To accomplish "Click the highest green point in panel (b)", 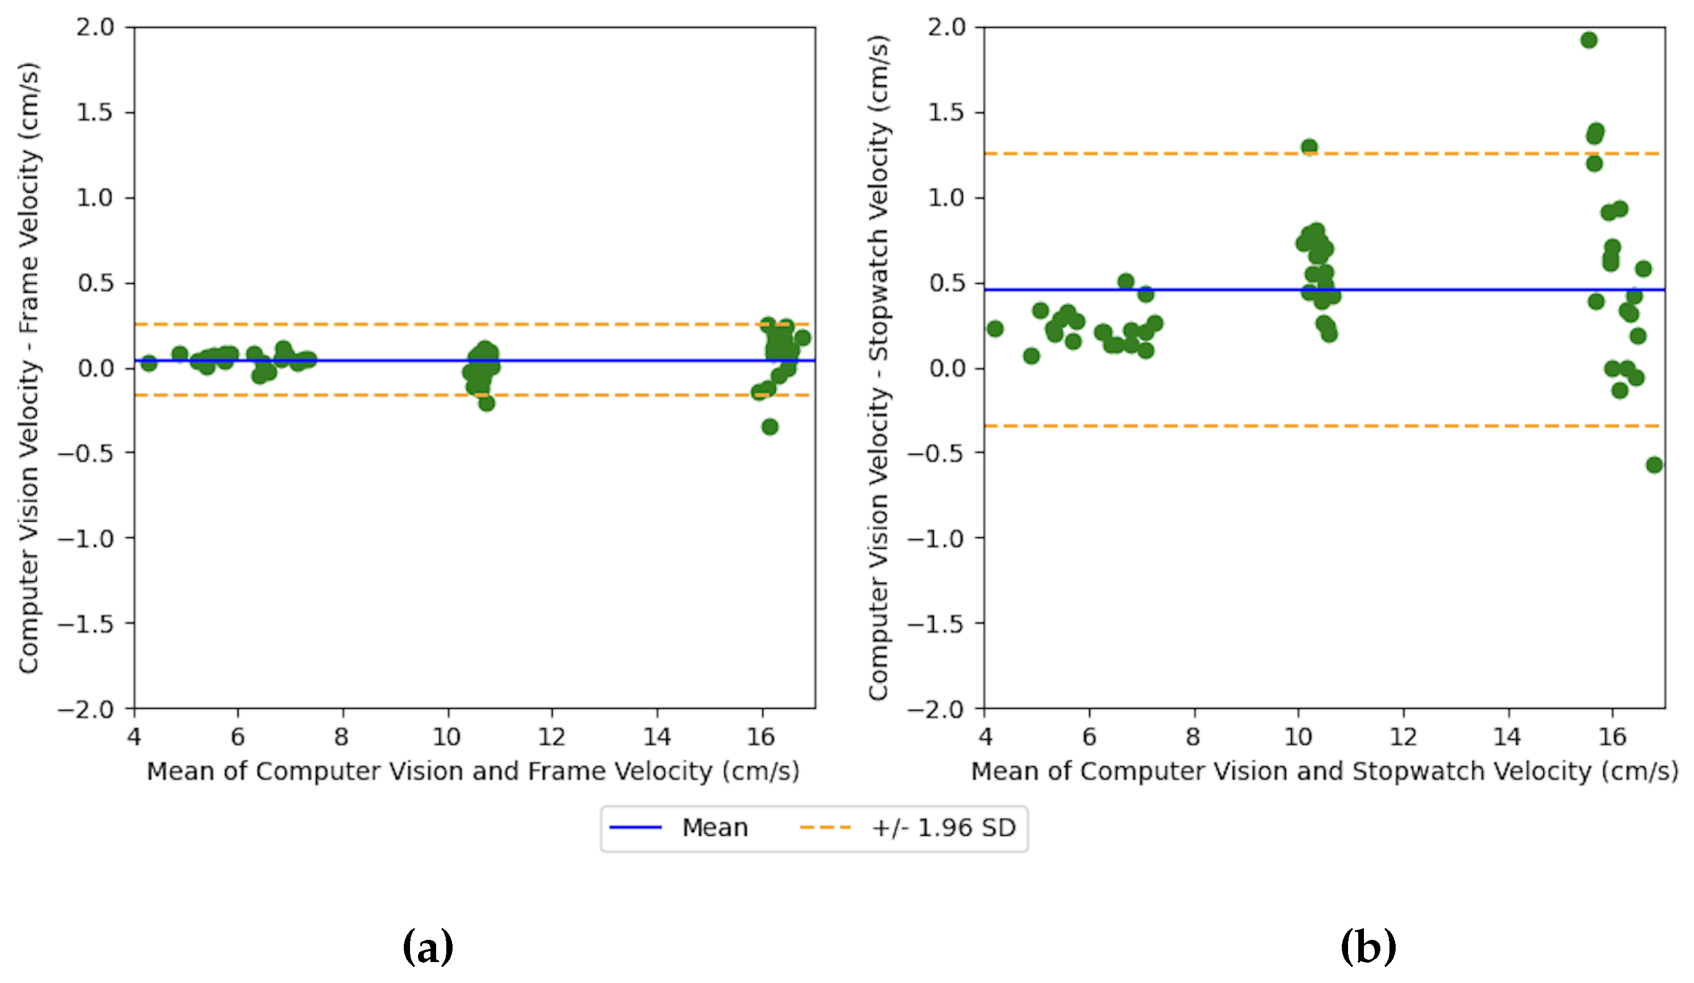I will [1589, 40].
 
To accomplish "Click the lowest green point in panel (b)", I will [1654, 465].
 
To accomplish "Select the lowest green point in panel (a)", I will [770, 427].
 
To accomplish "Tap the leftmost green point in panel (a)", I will [149, 363].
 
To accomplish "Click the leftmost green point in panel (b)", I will [995, 329].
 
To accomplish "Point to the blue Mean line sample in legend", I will [635, 827].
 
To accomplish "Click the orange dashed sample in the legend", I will [826, 827].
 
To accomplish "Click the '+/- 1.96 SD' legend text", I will [943, 828].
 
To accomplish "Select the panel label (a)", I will [428, 947].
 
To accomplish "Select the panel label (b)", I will [1368, 947].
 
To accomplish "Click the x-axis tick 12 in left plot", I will [551, 737].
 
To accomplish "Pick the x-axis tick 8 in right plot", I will [1193, 737].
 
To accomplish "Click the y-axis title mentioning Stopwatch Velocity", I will [878, 369].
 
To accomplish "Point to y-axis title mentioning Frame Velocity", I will [29, 369].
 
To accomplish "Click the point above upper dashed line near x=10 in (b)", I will [1309, 146].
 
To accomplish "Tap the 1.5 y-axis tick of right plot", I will [947, 112].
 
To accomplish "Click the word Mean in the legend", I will [715, 828].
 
